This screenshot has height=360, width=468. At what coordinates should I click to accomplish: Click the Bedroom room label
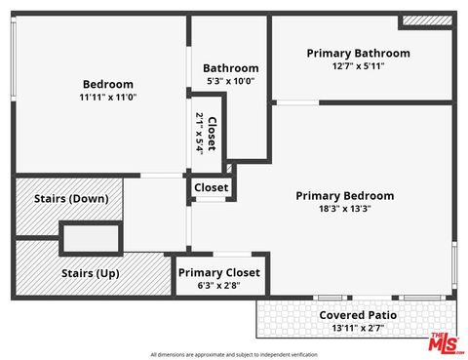pos(107,84)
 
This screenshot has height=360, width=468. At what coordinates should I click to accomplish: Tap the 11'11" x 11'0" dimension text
pos(107,98)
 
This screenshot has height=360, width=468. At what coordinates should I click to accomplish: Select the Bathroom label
pos(231,67)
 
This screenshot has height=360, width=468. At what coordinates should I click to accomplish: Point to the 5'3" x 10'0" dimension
pos(231,81)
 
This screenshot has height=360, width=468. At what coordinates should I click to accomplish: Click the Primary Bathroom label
pos(358,53)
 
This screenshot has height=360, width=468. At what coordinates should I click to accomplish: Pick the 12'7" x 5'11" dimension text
pos(358,66)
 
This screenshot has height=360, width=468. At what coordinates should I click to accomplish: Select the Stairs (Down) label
pos(71,199)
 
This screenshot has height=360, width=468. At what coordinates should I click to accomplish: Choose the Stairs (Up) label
pos(90,273)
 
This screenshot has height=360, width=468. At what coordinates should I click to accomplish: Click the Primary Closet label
pos(219,273)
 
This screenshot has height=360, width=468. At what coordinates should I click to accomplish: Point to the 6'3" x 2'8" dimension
pos(219,287)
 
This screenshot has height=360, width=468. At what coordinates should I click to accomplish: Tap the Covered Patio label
pos(358,315)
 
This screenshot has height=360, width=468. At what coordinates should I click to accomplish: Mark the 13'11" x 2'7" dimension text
pos(358,329)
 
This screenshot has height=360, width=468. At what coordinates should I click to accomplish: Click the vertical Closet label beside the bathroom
pos(213,133)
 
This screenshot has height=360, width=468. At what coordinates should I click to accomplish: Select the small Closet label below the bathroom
pos(212,187)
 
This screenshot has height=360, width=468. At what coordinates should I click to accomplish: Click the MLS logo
pos(443,342)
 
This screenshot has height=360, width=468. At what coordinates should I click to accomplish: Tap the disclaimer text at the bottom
pos(234,353)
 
